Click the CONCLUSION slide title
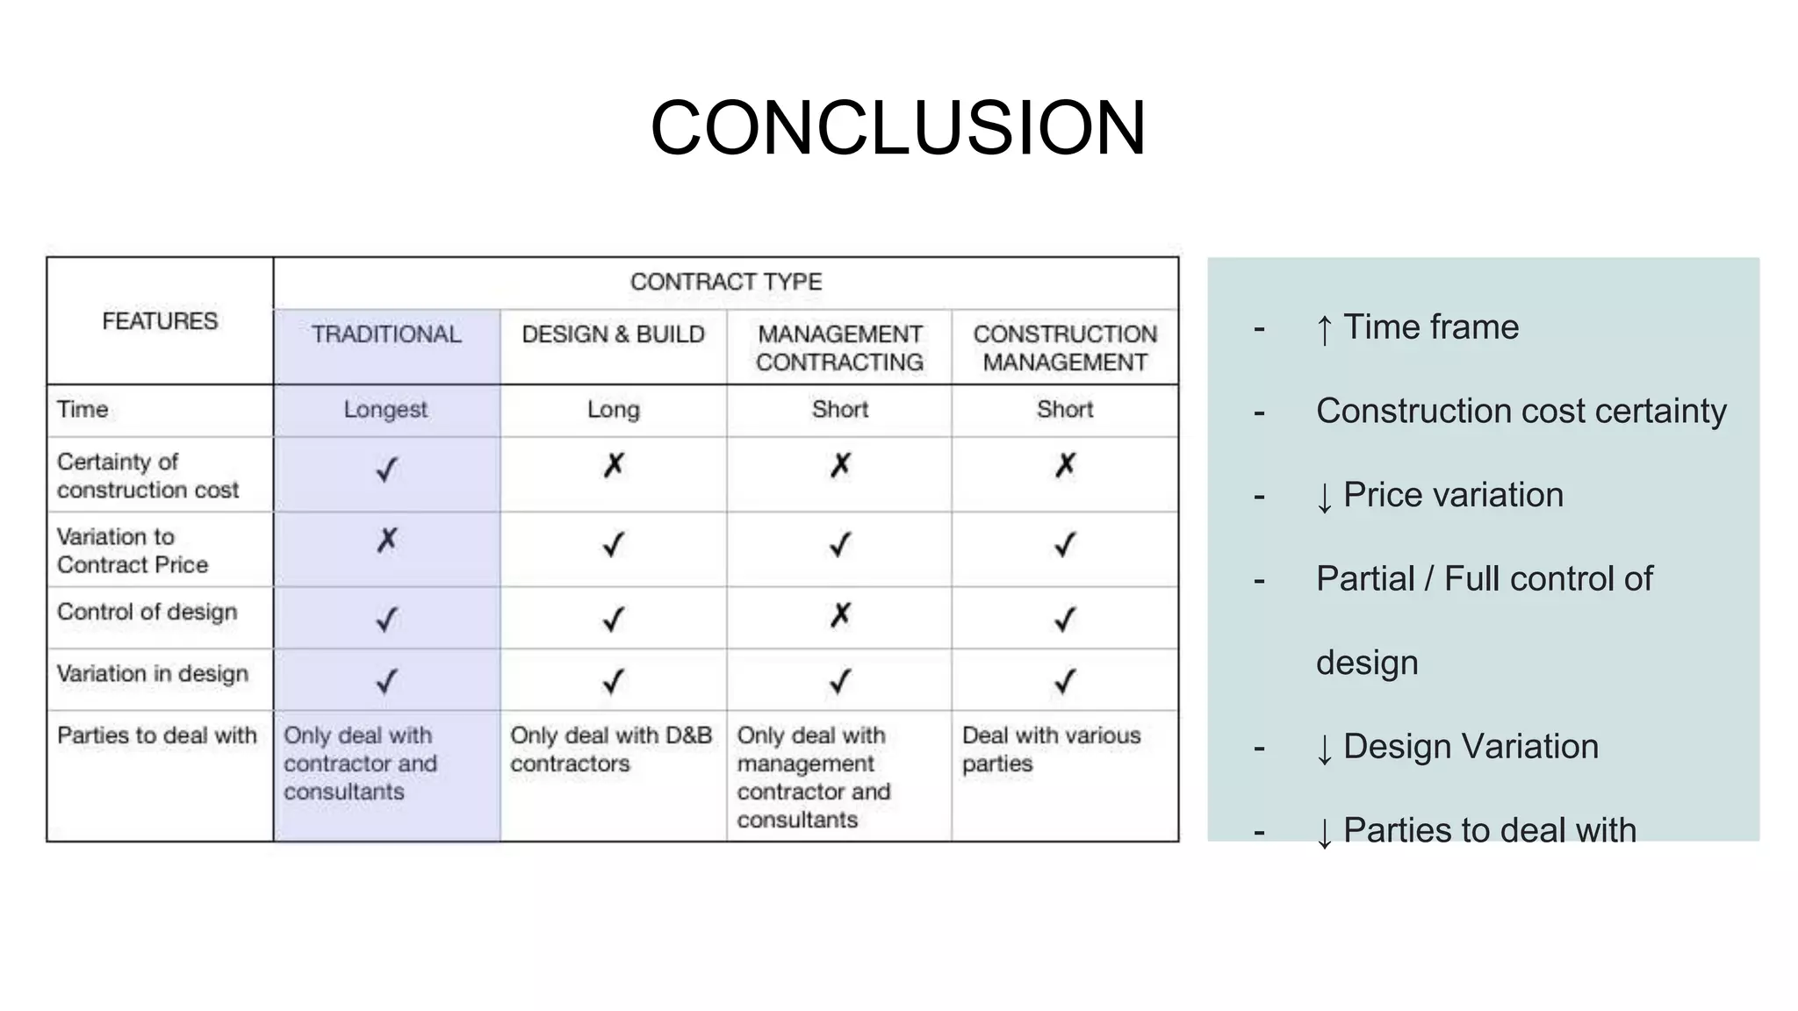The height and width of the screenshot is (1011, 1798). pyautogui.click(x=897, y=128)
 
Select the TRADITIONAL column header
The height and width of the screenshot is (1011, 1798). pyautogui.click(x=386, y=334)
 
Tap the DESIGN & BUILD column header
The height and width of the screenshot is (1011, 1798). pyautogui.click(x=613, y=334)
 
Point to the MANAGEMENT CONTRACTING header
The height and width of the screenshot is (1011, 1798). pyautogui.click(x=839, y=348)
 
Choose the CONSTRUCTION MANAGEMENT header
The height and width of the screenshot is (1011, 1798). pyautogui.click(x=1065, y=348)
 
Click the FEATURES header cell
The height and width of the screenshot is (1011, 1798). pyautogui.click(x=160, y=321)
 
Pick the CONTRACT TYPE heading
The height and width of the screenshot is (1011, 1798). pyautogui.click(x=726, y=282)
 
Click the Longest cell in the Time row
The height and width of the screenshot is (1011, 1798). pyautogui.click(x=385, y=410)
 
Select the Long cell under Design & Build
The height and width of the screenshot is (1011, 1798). pyautogui.click(x=613, y=410)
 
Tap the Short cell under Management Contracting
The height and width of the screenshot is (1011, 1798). pyautogui.click(x=840, y=410)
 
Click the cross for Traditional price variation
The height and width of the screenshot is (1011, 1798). pyautogui.click(x=387, y=541)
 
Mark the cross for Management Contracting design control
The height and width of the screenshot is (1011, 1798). pyautogui.click(x=840, y=616)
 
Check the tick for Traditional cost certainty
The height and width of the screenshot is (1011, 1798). pyautogui.click(x=386, y=470)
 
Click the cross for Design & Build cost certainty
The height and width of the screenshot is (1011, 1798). pyautogui.click(x=614, y=465)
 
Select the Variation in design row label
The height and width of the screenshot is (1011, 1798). pyautogui.click(x=153, y=674)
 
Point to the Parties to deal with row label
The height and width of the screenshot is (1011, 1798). pyautogui.click(x=157, y=735)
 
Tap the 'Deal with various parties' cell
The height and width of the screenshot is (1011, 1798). pyautogui.click(x=1051, y=749)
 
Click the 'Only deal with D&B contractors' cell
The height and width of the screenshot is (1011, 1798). pyautogui.click(x=611, y=749)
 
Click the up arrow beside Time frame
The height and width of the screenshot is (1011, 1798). pyautogui.click(x=1324, y=330)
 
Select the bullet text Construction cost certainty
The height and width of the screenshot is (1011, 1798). pyautogui.click(x=1521, y=411)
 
